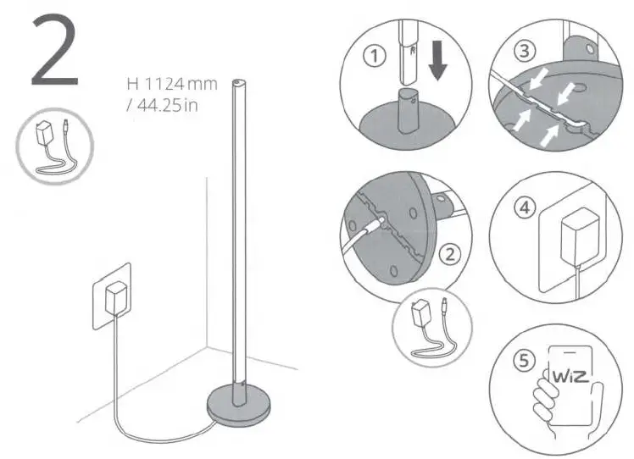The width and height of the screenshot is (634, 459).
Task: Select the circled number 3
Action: tap(526, 51)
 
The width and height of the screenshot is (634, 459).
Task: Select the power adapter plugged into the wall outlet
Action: tap(114, 299)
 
